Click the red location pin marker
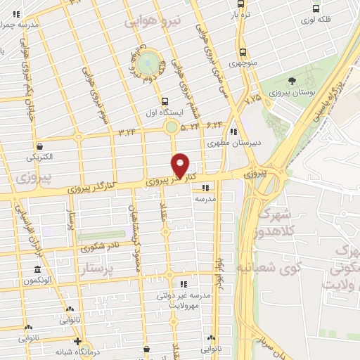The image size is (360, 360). click(181, 165)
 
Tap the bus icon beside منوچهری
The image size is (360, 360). click(243, 52)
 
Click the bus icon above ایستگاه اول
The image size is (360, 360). click(165, 101)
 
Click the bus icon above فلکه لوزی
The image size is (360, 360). click(316, 9)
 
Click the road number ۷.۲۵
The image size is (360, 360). click(252, 100)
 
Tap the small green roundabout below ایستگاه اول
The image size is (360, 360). click(171, 127)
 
